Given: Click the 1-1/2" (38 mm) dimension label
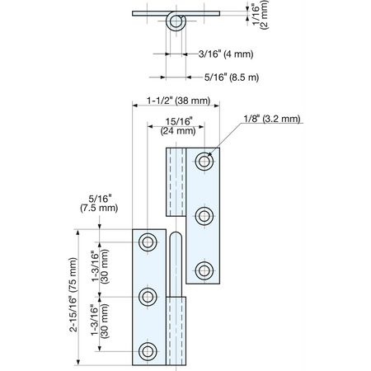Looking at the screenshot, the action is [178, 101].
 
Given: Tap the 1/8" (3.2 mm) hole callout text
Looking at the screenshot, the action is [272, 119].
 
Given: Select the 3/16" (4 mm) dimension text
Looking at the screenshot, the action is [226, 54].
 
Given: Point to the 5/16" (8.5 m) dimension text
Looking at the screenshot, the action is [232, 77].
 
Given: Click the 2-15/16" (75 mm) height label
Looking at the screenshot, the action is [73, 294].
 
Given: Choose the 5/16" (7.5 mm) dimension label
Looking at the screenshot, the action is [99, 204].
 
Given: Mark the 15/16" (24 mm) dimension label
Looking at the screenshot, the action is [178, 126].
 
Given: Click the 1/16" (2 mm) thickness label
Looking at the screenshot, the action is [260, 14].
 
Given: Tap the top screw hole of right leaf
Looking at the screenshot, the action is [204, 162].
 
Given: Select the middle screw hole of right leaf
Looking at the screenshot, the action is [204, 216].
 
